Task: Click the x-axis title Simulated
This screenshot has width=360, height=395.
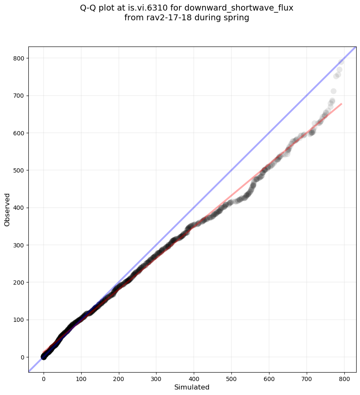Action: coord(192,387)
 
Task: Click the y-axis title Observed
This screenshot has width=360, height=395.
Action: coord(7,209)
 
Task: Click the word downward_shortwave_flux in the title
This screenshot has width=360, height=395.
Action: coord(239,8)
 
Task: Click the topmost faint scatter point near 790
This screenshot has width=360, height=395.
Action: coord(341,62)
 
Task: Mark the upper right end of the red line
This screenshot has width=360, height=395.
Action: coord(341,104)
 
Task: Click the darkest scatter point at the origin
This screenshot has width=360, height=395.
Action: coord(44,357)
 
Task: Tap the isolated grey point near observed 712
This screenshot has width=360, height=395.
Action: coord(333,91)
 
